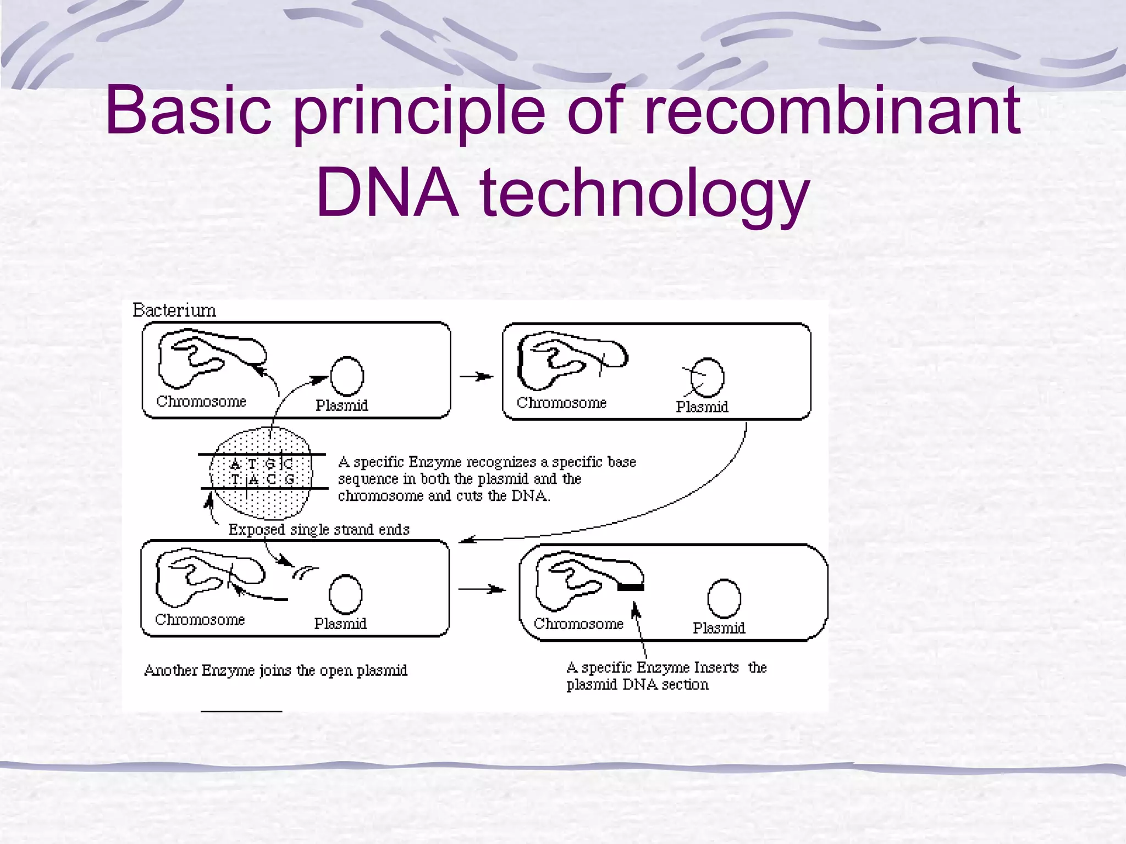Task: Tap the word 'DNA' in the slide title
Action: [388, 193]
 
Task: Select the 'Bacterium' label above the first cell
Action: [174, 310]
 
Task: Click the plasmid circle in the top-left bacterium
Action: [347, 376]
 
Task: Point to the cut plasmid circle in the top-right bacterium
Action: [707, 377]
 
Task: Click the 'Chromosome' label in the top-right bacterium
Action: [561, 403]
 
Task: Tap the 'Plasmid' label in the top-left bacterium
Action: [341, 406]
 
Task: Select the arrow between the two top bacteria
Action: [476, 376]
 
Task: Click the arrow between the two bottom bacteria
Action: [482, 589]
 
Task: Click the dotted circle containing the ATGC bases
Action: [261, 473]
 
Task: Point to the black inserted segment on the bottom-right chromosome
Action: [630, 587]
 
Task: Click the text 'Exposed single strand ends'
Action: [319, 530]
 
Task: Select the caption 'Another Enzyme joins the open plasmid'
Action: [275, 670]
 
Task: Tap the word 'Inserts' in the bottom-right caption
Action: [716, 668]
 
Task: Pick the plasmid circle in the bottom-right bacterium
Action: [724, 599]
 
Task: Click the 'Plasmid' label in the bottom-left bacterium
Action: [340, 624]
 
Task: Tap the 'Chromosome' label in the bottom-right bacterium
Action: [578, 624]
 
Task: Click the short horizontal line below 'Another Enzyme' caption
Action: [241, 712]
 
